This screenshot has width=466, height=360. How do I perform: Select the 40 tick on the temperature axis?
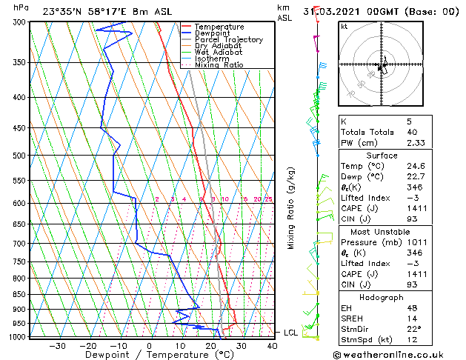point(272,345)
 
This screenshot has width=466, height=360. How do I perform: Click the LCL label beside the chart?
point(291,333)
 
